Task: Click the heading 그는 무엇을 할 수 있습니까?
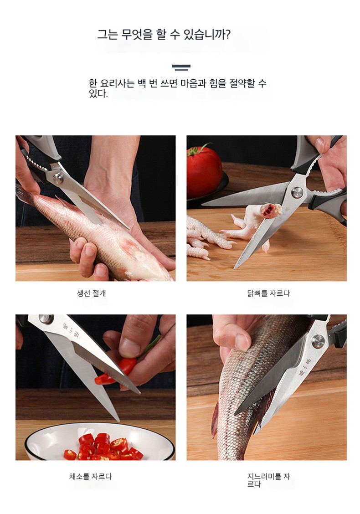[164, 35]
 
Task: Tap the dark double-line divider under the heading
[181, 68]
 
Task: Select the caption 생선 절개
[92, 293]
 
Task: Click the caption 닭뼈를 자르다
[268, 293]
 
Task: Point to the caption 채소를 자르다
[91, 476]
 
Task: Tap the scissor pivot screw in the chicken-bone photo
[297, 192]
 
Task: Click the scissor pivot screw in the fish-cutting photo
[58, 179]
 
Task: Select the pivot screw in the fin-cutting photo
[318, 341]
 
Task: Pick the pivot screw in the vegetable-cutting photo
[46, 319]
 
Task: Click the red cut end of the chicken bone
[269, 210]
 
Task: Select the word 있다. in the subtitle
[98, 94]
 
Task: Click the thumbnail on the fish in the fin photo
[242, 342]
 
